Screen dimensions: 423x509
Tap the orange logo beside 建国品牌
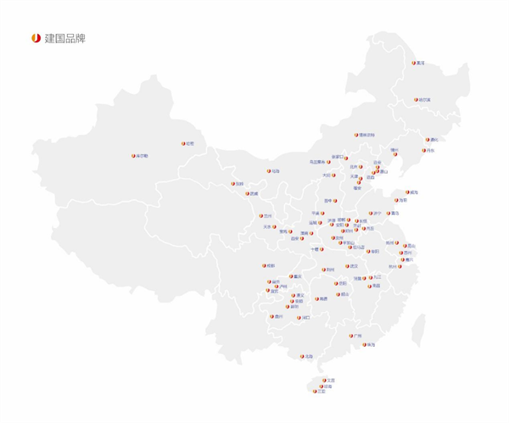(36, 38)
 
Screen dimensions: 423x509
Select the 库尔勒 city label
(143, 156)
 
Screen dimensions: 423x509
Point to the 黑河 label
(421, 63)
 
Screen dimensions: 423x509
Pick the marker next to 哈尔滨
(413, 100)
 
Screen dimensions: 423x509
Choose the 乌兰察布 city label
(316, 162)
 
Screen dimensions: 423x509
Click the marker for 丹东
(421, 151)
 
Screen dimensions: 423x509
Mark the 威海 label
(414, 192)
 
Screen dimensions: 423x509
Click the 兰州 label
(269, 216)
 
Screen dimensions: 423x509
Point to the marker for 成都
(265, 265)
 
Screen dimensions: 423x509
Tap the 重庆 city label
(296, 276)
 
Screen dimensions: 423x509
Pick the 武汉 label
(354, 266)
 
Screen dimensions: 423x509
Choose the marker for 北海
(303, 356)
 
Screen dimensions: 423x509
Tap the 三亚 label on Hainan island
(322, 392)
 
